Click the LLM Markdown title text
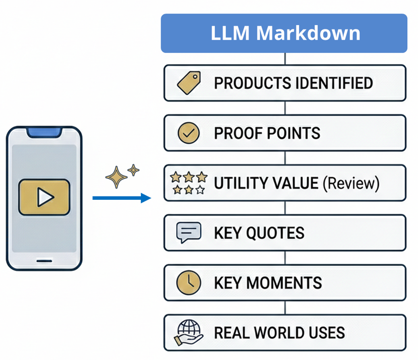click(285, 33)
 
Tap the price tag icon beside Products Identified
click(189, 83)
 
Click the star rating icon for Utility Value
click(189, 183)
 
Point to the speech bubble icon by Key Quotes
click(188, 233)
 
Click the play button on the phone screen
click(44, 197)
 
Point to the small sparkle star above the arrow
click(134, 169)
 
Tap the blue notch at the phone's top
click(44, 132)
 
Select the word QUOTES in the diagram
click(275, 233)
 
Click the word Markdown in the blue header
click(308, 33)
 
